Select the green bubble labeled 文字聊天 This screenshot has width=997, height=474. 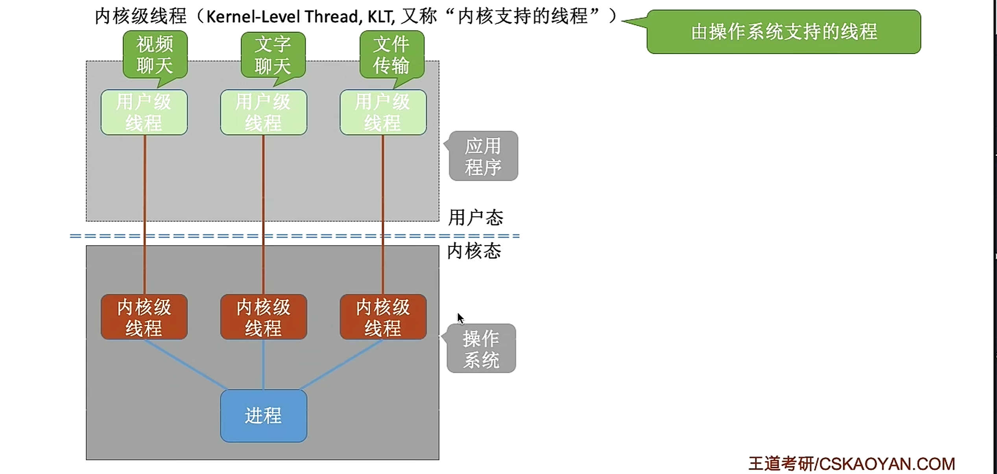273,55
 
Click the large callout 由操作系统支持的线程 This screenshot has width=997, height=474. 783,32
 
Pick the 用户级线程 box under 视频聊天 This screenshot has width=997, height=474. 144,112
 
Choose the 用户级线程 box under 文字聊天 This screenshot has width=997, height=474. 264,112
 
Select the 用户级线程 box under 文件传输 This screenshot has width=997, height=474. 383,112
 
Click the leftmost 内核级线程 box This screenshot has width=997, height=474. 144,317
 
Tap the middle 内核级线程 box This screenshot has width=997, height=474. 264,317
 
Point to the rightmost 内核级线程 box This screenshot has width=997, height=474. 383,317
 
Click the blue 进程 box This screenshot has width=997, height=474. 264,416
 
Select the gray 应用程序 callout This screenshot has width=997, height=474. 483,156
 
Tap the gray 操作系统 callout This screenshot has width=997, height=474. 481,348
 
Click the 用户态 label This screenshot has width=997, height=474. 476,218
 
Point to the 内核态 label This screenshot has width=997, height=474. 474,251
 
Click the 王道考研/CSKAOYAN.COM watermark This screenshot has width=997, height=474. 851,464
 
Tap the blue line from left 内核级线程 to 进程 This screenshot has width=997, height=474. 185,365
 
